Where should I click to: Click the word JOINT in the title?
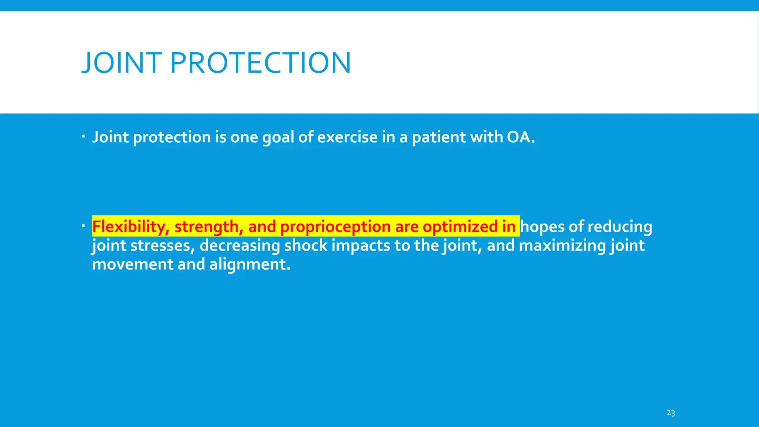[x=122, y=63]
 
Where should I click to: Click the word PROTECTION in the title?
[x=261, y=63]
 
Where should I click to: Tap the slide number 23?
[x=671, y=413]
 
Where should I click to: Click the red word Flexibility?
[x=131, y=226]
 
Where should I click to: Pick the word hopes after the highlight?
[x=543, y=226]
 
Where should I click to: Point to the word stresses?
[x=163, y=246]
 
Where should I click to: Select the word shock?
[x=306, y=246]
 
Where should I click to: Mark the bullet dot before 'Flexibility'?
[x=83, y=226]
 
